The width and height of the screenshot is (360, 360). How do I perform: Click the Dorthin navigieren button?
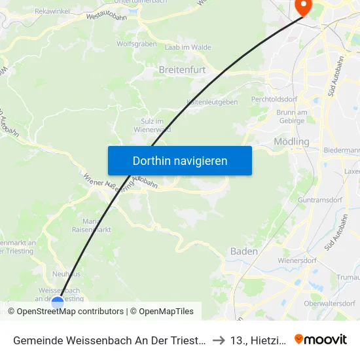coord(180,160)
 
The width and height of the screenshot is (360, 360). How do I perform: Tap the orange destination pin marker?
coord(304,7)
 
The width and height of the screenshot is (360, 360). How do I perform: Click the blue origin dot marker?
coord(58,302)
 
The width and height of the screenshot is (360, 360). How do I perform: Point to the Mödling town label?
coord(291,141)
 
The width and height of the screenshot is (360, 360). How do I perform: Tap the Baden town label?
coord(243,251)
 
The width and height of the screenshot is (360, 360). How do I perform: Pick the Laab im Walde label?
coord(192,47)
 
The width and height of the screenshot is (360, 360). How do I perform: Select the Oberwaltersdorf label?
coord(331,302)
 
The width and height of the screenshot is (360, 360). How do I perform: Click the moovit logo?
coord(320,339)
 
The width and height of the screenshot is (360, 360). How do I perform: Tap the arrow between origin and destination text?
coord(219,340)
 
